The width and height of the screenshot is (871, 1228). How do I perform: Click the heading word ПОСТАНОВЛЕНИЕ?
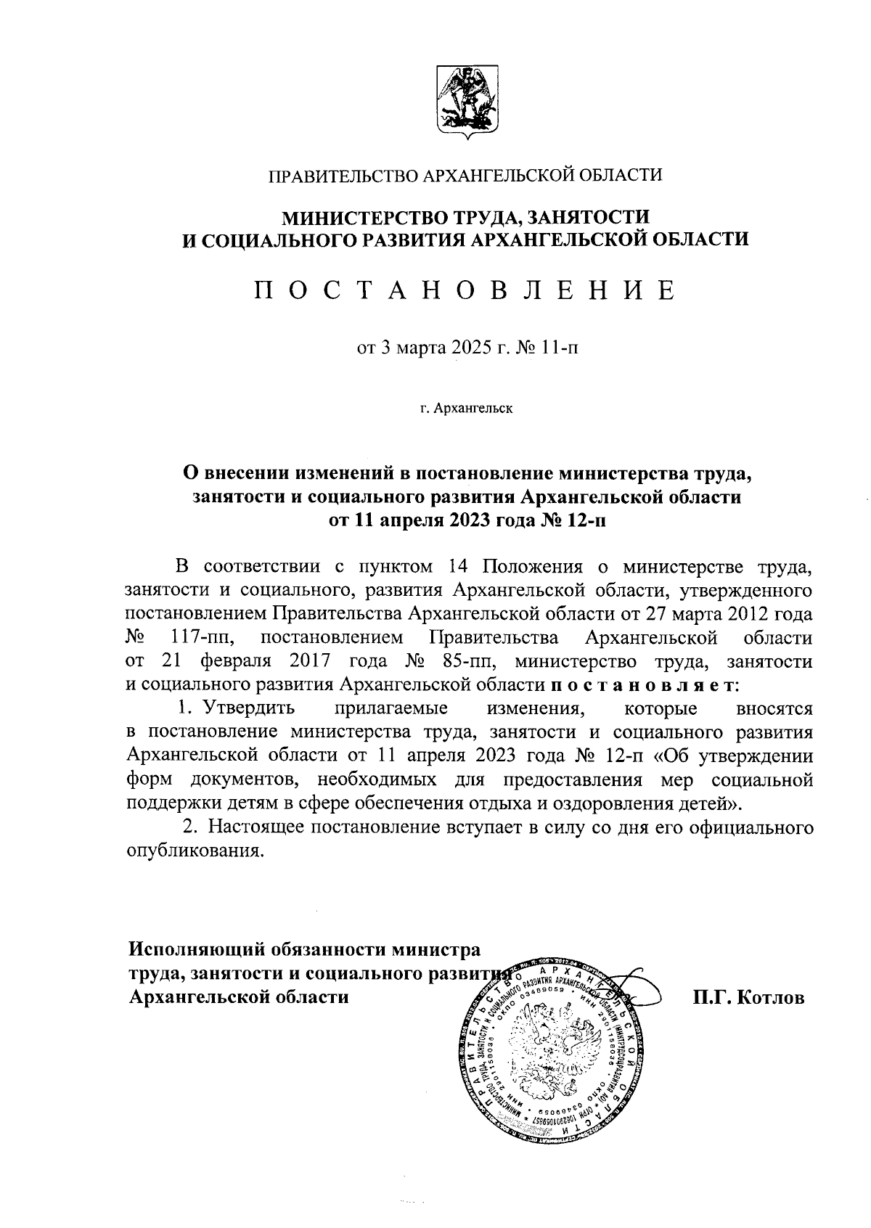coord(464,290)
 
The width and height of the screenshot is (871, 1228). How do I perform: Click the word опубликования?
coord(194,851)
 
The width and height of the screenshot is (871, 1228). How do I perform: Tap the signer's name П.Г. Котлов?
coord(749,997)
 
